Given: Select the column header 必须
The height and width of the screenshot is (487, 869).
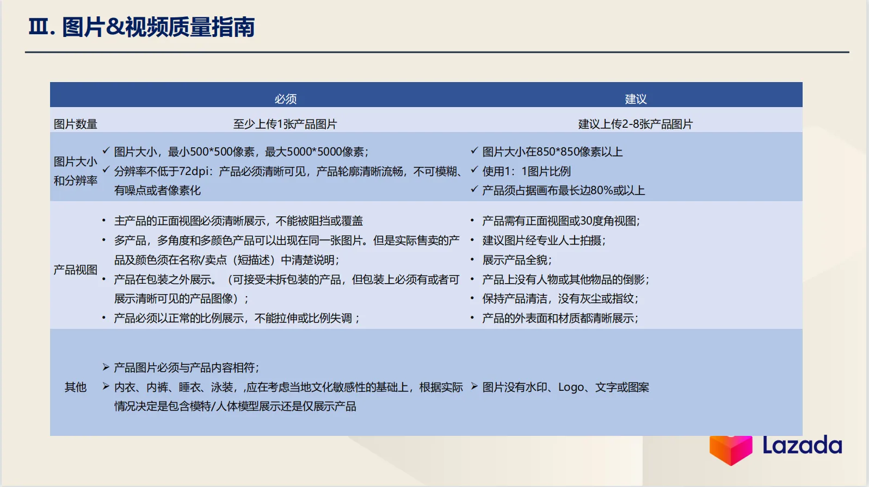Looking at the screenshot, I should tap(285, 99).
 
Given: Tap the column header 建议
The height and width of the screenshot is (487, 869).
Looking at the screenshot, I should tap(636, 99).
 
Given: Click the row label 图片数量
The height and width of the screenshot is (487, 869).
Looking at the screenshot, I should tap(75, 124).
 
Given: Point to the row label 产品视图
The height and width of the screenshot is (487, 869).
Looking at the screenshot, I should tap(75, 270).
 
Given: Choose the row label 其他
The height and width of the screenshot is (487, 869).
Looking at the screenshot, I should tap(75, 387).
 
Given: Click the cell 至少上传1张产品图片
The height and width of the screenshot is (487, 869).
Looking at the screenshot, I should tap(285, 124).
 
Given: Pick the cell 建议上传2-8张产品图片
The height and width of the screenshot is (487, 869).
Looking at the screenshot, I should tap(635, 124).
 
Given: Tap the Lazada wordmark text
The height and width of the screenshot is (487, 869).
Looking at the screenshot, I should tap(802, 446).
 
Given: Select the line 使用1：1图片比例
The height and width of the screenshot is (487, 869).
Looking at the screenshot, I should tap(526, 171).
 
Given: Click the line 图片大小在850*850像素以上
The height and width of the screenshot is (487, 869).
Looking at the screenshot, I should tap(552, 152).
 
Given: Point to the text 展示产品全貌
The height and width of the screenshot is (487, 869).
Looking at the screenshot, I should tap(516, 260).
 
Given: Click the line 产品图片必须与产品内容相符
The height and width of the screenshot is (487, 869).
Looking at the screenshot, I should tap(186, 367).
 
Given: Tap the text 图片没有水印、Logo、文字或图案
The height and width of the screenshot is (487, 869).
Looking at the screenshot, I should tap(565, 387).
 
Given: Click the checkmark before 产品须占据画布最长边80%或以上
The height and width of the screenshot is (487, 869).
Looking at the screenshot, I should tap(474, 189).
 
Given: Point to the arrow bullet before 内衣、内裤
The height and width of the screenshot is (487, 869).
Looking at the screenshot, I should tap(106, 386).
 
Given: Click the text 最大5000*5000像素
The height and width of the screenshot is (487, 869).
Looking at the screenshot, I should tap(316, 152).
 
